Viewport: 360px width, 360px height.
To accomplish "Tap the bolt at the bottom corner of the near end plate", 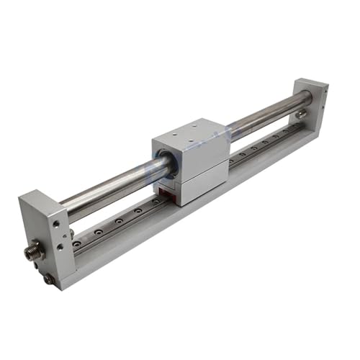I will pos(48,278).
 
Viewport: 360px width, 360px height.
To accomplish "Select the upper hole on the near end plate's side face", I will pos(55,224).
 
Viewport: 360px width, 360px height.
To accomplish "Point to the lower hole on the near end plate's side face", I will pos(37,267).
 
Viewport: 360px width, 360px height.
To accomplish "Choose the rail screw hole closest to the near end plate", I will pos(78,244).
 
